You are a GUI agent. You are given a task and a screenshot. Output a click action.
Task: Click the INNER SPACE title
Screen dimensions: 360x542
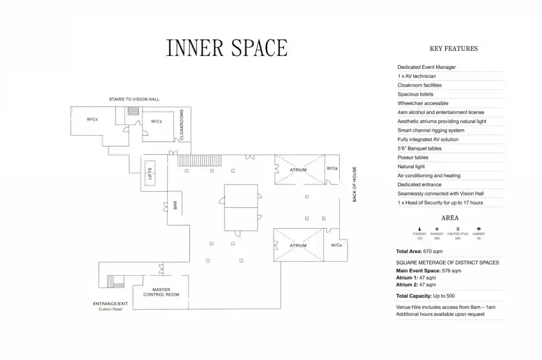tap(226, 48)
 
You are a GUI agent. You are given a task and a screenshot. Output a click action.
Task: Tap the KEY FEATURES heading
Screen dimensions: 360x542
tap(453, 48)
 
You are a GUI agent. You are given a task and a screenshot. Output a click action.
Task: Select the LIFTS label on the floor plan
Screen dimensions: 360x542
tap(150, 173)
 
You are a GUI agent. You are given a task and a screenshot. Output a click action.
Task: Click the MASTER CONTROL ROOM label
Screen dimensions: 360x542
tap(161, 292)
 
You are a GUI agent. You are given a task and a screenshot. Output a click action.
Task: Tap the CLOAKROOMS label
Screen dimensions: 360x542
tap(182, 125)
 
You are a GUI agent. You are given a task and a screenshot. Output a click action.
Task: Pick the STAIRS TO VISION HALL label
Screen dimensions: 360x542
tap(134, 99)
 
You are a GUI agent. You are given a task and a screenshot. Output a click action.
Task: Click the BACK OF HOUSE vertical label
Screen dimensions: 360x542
tap(355, 185)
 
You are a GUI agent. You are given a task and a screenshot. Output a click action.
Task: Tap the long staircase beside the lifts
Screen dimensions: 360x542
tap(199, 160)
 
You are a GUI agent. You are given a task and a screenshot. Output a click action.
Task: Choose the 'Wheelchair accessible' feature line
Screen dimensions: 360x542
tap(423, 103)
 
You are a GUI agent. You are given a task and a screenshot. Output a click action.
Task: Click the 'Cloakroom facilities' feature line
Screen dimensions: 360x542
tap(420, 85)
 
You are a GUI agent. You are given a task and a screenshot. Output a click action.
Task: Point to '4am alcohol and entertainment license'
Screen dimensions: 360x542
tap(441, 112)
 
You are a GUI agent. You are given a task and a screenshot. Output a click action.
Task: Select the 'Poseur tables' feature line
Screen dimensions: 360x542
tap(413, 157)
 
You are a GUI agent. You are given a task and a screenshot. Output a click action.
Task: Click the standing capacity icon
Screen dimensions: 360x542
tap(420, 228)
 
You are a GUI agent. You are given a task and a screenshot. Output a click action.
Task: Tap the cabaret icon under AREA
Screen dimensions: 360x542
tap(478, 228)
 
